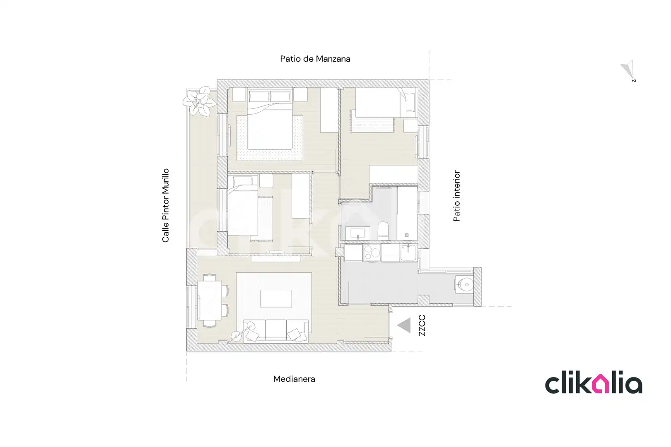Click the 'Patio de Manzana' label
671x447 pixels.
[x=315, y=59]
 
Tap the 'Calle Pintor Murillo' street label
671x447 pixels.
[x=166, y=205]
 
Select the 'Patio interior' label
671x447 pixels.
[x=456, y=196]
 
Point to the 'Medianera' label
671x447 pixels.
[x=294, y=379]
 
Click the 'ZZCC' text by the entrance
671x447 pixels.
[x=422, y=325]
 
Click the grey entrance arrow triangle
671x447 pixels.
[x=404, y=325]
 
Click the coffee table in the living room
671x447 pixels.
[x=276, y=298]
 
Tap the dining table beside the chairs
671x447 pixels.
[x=210, y=300]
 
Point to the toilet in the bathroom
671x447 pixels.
[x=383, y=231]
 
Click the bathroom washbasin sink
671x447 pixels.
[x=358, y=233]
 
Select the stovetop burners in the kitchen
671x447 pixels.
[x=372, y=252]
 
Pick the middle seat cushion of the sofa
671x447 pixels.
[x=276, y=330]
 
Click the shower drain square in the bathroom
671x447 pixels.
[x=407, y=235]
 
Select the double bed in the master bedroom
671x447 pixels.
[x=270, y=120]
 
